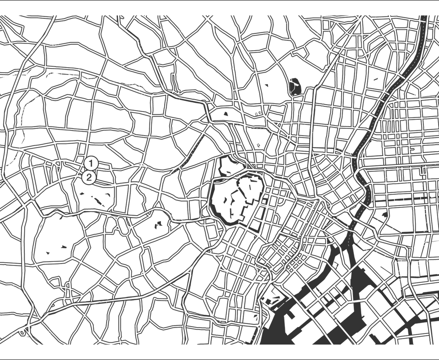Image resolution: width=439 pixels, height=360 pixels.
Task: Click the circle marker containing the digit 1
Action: pyautogui.click(x=91, y=162)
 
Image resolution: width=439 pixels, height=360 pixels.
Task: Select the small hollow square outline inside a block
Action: pyautogui.click(x=375, y=79)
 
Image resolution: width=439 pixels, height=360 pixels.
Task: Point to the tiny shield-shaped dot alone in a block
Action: pyautogui.click(x=266, y=85)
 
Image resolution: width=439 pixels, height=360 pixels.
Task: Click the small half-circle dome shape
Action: pyautogui.click(x=225, y=112)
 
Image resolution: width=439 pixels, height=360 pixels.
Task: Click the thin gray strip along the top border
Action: pyautogui.click(x=219, y=1)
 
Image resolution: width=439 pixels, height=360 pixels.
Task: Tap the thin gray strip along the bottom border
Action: pyautogui.click(x=219, y=359)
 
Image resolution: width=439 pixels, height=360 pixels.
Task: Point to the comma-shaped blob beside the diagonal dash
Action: pyautogui.click(x=108, y=194)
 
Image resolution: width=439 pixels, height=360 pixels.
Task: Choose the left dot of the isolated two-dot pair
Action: pyautogui.click(x=47, y=252)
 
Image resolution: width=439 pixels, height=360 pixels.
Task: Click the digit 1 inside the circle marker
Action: pyautogui.click(x=91, y=162)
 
